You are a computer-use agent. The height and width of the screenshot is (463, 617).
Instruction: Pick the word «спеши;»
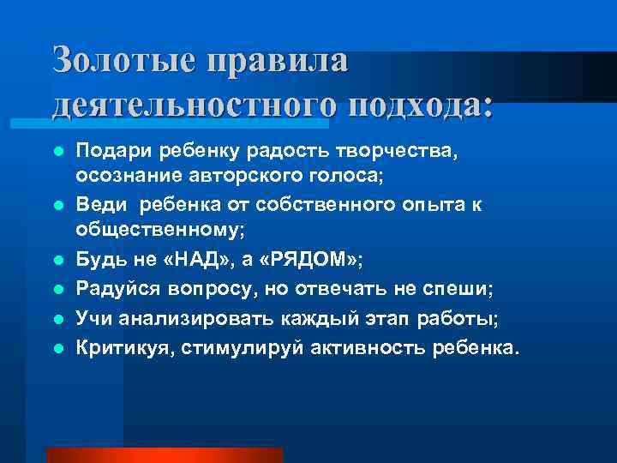coord(460,291)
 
